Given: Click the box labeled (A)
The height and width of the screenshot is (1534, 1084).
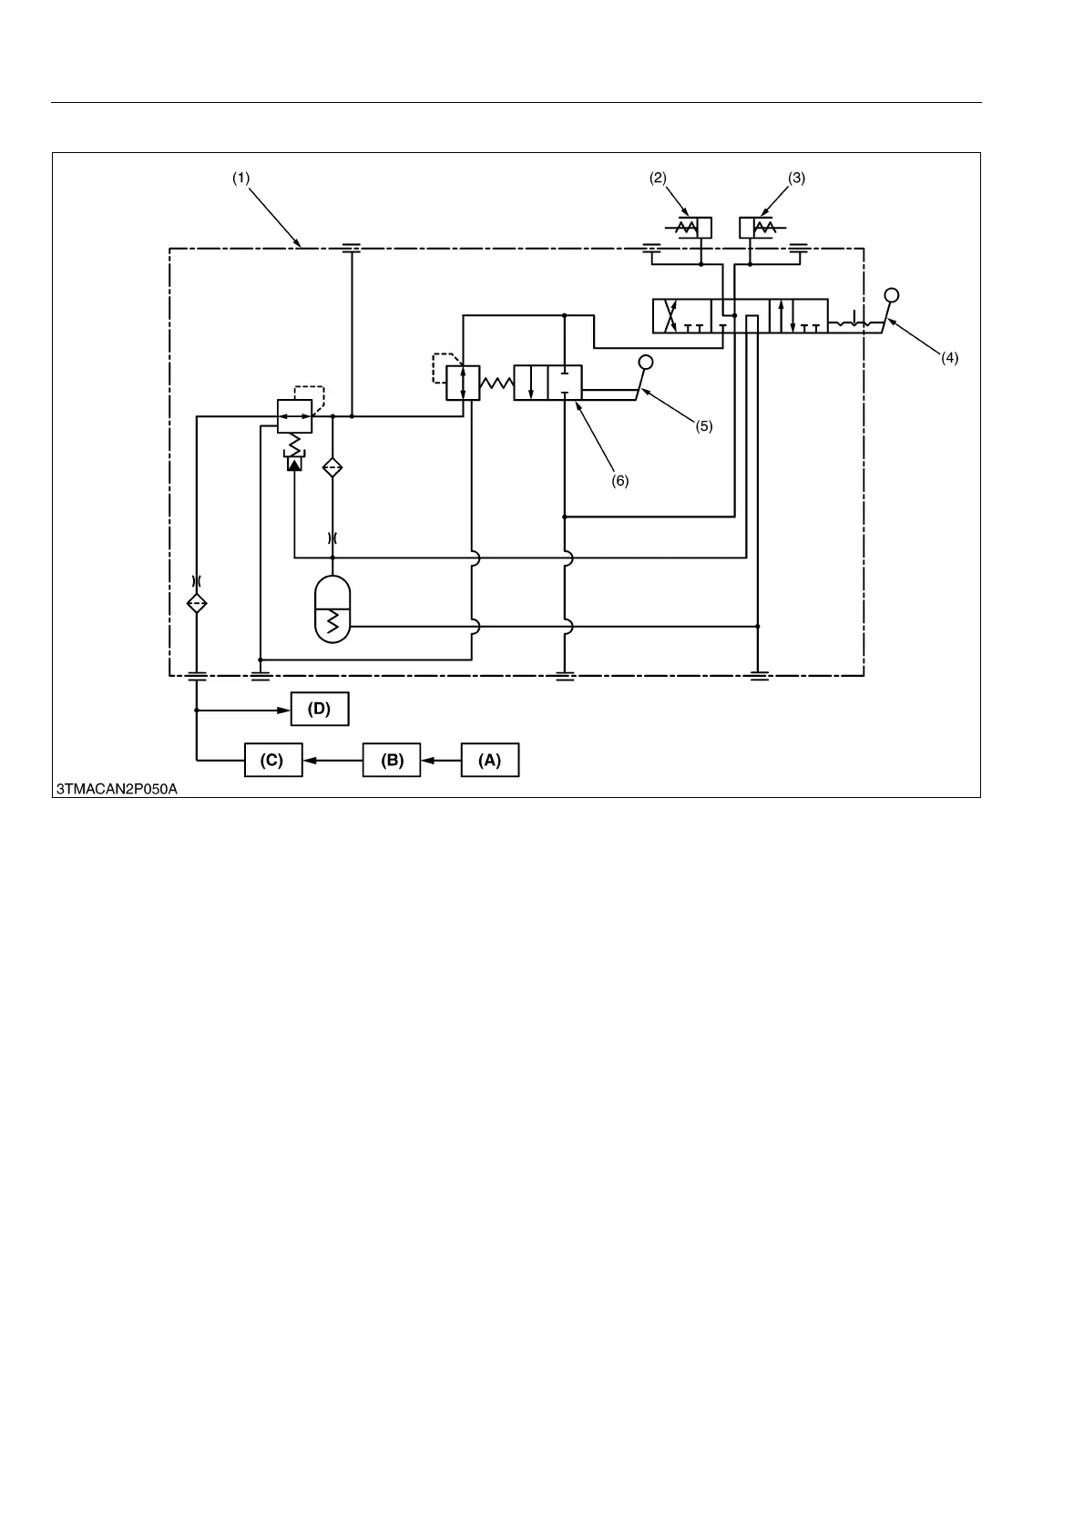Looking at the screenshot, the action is [x=490, y=761].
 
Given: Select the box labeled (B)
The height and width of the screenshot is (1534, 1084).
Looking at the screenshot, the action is [x=392, y=761].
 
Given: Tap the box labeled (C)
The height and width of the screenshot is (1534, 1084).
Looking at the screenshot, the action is [x=272, y=761].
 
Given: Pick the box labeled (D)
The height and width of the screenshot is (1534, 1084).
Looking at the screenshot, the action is [x=320, y=709].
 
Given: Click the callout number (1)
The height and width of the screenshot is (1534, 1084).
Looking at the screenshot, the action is [x=240, y=179].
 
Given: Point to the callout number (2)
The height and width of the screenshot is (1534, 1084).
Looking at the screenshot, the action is [x=658, y=179].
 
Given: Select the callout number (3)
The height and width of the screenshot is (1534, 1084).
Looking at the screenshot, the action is [x=796, y=179].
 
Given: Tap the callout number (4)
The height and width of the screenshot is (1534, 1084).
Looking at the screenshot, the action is [x=949, y=359].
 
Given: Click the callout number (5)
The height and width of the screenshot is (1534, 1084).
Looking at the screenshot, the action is [x=704, y=425].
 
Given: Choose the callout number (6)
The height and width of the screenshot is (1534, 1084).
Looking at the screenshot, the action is [x=619, y=481].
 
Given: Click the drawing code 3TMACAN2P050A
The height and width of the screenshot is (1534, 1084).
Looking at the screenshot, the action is [x=117, y=789].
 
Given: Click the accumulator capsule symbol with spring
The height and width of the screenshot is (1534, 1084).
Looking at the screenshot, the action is [x=332, y=609].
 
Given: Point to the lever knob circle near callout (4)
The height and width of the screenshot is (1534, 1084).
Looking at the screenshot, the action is [x=892, y=295].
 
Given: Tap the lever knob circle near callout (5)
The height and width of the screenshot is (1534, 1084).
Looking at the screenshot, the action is [x=646, y=362].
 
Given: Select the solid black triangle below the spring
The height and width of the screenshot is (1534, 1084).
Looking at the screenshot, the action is [x=294, y=464].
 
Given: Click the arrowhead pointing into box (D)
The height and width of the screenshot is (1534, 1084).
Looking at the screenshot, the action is [x=283, y=710].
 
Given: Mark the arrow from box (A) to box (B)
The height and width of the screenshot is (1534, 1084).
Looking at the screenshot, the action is [x=442, y=761].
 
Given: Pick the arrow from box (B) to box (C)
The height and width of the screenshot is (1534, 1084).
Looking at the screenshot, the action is [x=332, y=761].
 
